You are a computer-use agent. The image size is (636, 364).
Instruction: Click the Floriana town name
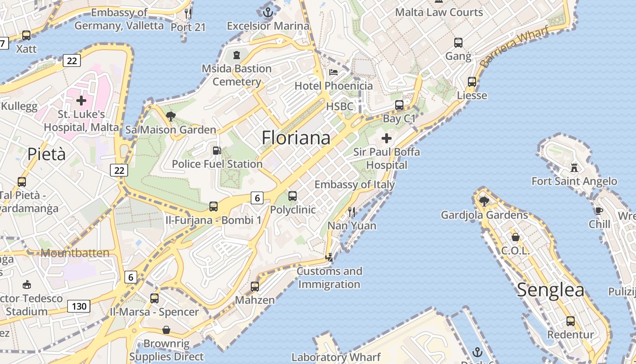296,138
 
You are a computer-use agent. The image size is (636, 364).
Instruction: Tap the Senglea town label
551,290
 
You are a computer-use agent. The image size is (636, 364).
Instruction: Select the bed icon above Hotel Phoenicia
333,72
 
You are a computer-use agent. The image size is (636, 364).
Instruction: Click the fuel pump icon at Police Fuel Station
217,150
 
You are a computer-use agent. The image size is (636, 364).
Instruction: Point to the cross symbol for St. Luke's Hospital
81,100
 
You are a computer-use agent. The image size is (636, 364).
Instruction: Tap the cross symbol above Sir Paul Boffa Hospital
387,138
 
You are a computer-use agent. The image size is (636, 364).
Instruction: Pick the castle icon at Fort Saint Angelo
574,168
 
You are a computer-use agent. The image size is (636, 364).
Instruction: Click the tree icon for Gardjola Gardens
484,201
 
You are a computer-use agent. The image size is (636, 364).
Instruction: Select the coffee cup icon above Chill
599,211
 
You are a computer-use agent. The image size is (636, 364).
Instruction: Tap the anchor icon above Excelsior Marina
268,12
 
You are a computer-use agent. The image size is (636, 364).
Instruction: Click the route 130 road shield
79,306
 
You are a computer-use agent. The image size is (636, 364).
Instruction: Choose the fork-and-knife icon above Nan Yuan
351,212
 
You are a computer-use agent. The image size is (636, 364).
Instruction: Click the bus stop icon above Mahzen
255,286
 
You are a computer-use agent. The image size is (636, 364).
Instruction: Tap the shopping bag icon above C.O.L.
516,237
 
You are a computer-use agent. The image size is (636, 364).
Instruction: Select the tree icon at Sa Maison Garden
171,116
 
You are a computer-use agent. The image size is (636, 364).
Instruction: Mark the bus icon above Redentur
571,321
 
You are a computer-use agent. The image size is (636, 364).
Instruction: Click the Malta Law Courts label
439,12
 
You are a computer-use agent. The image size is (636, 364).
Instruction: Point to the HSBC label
339,106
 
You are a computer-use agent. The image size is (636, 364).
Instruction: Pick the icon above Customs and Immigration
329,258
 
